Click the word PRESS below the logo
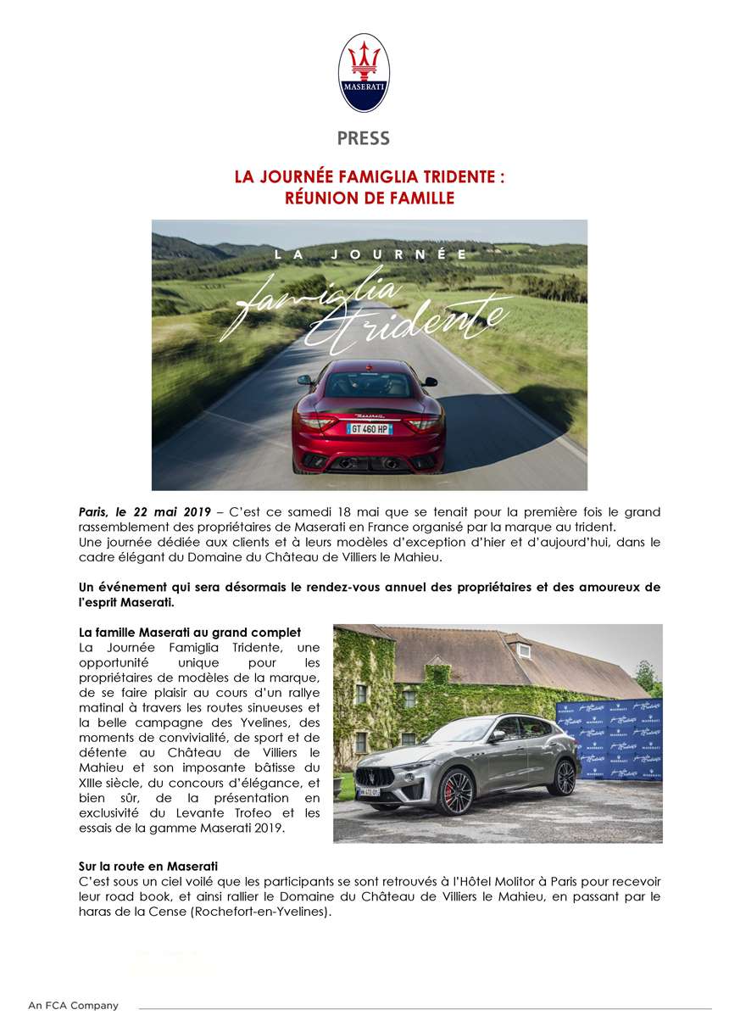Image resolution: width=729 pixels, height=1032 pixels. [x=364, y=138]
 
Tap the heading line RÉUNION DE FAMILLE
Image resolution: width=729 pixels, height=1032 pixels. [x=369, y=198]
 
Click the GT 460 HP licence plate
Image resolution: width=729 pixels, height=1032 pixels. [x=370, y=428]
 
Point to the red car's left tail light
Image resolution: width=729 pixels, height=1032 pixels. [x=314, y=421]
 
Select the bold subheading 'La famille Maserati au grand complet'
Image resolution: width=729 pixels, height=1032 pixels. [x=189, y=633]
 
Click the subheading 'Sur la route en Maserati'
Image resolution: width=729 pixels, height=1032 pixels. [x=148, y=866]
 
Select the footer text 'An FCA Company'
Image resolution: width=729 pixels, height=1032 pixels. [x=73, y=1006]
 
